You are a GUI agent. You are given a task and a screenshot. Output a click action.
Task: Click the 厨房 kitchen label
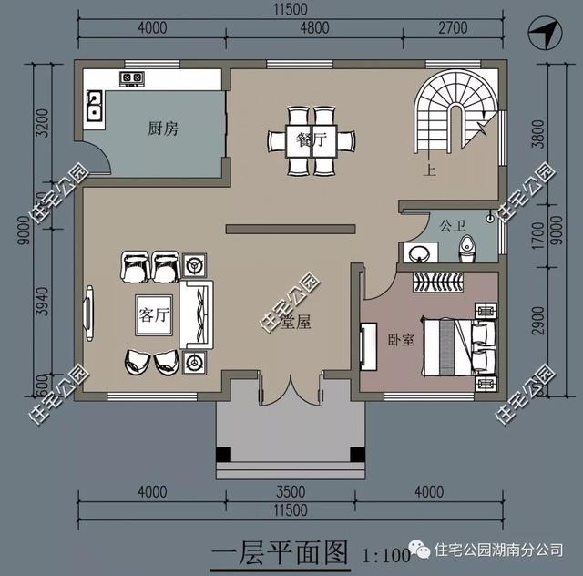pyautogui.click(x=163, y=129)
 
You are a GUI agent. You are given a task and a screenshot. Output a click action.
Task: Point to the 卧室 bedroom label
pyautogui.click(x=401, y=339)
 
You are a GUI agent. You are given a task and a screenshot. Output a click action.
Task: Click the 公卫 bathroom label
pyautogui.click(x=452, y=224)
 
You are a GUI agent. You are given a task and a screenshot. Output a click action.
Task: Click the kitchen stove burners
pyautogui.click(x=131, y=78)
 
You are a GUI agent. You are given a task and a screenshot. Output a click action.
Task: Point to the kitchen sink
pyautogui.click(x=94, y=108)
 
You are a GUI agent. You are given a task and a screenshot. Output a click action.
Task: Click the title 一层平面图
pyautogui.click(x=280, y=552)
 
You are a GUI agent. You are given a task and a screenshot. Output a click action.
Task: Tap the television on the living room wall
pyautogui.click(x=90, y=314)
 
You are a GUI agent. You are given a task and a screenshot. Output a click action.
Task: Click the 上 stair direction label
pyautogui.click(x=426, y=168)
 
